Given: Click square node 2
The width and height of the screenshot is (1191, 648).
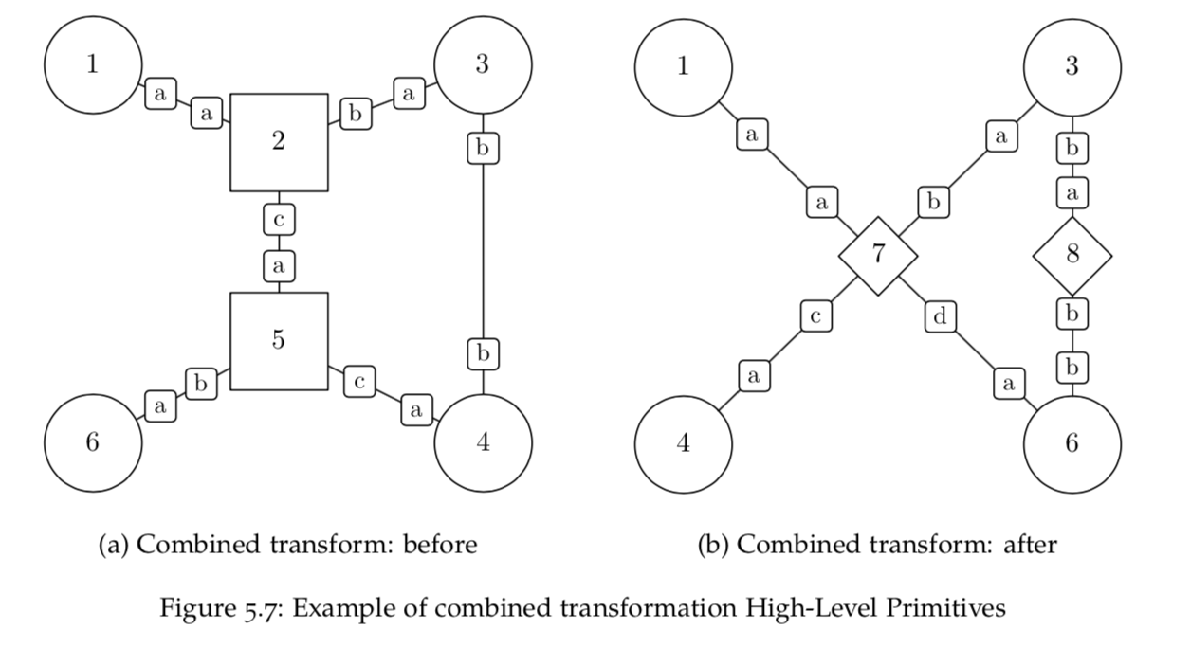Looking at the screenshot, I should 279,142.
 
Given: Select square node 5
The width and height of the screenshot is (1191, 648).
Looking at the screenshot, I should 279,341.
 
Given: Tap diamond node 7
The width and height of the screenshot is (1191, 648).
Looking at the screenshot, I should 878,255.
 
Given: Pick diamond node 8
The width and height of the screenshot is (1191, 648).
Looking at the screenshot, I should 1072,254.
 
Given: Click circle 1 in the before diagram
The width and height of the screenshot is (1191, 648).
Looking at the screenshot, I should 92,65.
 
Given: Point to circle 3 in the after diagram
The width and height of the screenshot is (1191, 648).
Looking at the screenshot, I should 1072,65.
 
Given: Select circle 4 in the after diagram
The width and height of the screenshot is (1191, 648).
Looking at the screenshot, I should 683,443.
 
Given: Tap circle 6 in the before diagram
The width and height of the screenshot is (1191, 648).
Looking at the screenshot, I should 92,443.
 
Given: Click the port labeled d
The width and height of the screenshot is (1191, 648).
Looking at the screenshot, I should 940,316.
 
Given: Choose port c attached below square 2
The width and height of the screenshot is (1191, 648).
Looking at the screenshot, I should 279,220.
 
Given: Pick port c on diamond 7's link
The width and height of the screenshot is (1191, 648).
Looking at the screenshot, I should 815,316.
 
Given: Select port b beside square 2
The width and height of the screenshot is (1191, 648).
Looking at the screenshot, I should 356,115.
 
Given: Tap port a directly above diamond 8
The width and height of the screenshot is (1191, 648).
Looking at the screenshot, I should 1072,193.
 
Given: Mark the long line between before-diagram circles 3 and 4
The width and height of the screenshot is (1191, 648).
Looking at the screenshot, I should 484,251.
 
